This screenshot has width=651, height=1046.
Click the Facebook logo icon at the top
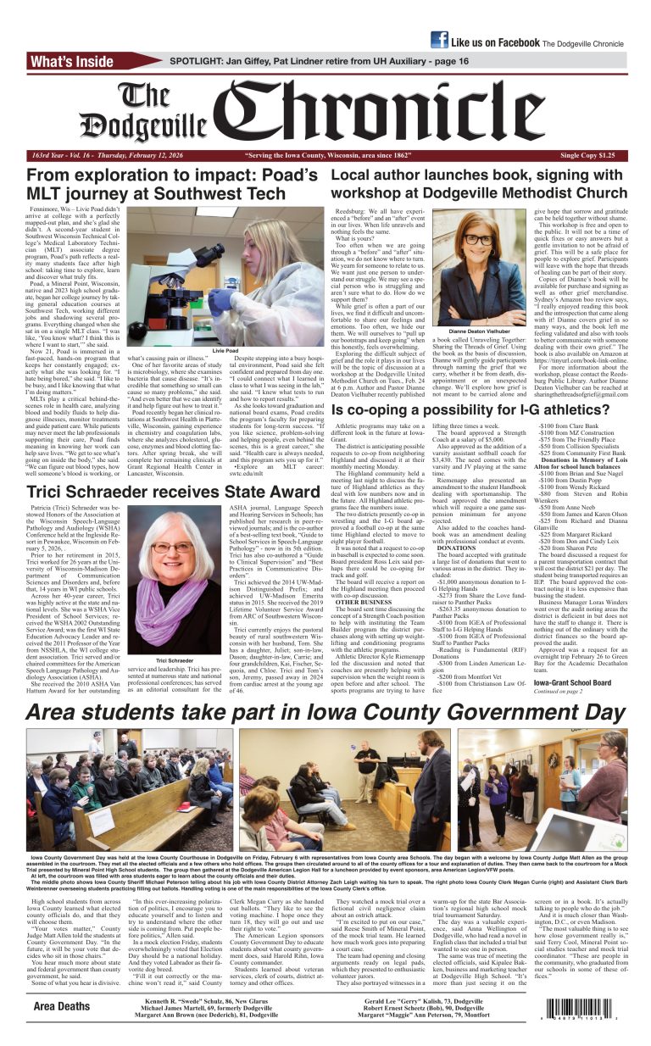[x=439, y=40]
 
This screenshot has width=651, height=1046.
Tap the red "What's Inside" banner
[x=85, y=61]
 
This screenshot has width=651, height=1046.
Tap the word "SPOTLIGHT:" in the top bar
[x=200, y=61]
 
